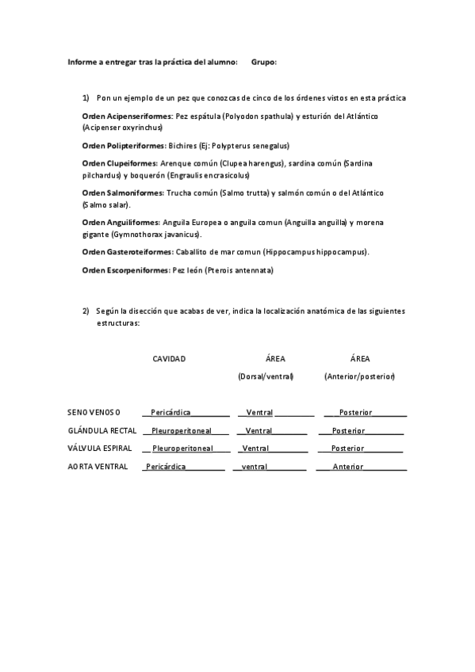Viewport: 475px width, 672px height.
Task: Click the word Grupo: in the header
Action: click(x=263, y=62)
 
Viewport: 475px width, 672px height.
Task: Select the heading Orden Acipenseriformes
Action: click(x=127, y=116)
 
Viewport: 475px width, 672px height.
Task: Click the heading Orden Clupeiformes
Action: click(x=119, y=163)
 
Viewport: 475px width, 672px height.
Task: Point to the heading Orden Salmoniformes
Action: click(x=122, y=193)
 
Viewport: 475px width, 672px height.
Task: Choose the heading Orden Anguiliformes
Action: click(x=121, y=223)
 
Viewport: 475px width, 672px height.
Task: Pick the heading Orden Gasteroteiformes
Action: click(x=127, y=251)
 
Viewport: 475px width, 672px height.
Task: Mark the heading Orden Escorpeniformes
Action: click(x=125, y=270)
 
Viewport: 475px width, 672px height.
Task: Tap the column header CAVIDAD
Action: click(x=169, y=358)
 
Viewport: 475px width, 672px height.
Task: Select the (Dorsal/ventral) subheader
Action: click(x=266, y=376)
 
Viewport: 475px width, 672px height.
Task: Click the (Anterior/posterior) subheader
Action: click(x=359, y=376)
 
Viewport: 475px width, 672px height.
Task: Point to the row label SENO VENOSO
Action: click(x=94, y=412)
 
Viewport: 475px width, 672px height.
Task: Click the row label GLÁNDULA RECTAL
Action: click(x=102, y=430)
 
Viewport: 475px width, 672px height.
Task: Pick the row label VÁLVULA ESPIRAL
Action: click(x=99, y=449)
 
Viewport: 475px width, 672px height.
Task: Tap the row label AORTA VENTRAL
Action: click(x=98, y=467)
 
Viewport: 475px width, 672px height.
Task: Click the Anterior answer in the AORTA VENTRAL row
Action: click(x=348, y=467)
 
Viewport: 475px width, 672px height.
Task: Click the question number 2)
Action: click(x=86, y=311)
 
